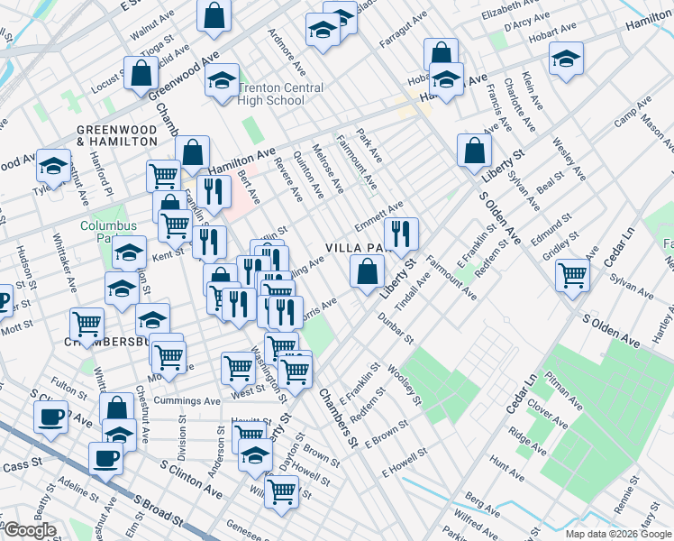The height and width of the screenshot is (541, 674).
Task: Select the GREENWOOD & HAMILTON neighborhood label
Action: point(117,135)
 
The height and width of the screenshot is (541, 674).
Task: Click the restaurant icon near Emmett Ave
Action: point(401,234)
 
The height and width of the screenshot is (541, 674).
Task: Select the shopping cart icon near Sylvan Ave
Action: point(572,275)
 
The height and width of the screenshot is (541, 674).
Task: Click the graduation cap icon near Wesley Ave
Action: point(566,60)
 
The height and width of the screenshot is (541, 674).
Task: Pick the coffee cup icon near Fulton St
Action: point(50,417)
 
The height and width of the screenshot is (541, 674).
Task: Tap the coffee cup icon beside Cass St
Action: point(105,457)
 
